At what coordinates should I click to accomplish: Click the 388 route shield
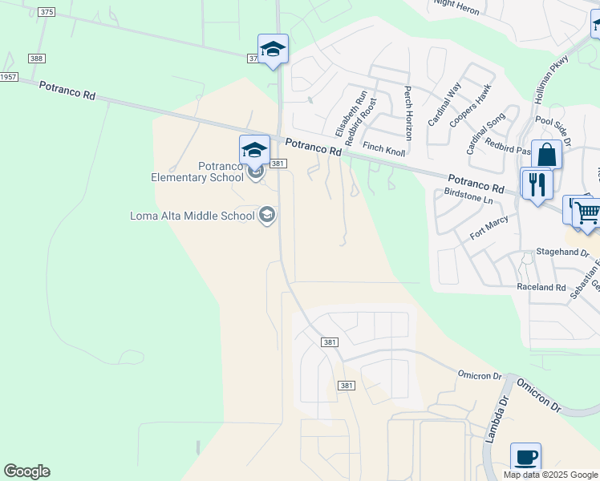pyautogui.click(x=36, y=59)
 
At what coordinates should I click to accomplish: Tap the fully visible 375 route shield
pyautogui.click(x=47, y=12)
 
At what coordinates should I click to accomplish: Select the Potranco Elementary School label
pyautogui.click(x=197, y=172)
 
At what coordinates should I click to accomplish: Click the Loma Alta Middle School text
pyautogui.click(x=193, y=215)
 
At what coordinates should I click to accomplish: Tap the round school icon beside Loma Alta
pyautogui.click(x=267, y=215)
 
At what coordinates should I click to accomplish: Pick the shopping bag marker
pyautogui.click(x=546, y=154)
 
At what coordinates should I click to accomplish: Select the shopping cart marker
pyautogui.click(x=586, y=212)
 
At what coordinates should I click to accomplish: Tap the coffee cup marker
pyautogui.click(x=525, y=457)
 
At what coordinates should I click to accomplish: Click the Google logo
pyautogui.click(x=26, y=471)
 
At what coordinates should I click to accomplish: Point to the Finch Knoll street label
pyautogui.click(x=384, y=148)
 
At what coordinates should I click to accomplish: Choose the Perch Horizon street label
pyautogui.click(x=408, y=114)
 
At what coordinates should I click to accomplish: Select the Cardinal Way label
pyautogui.click(x=444, y=103)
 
